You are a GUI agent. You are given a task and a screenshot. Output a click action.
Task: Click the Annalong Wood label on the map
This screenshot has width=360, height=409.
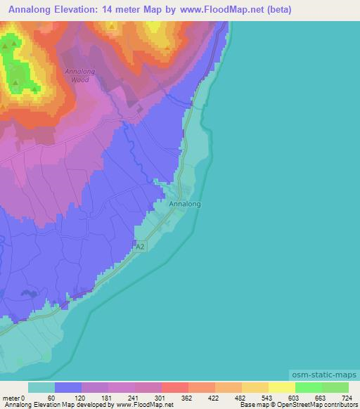[79, 75]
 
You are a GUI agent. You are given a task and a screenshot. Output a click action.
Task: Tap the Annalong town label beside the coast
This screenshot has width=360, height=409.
[185, 204]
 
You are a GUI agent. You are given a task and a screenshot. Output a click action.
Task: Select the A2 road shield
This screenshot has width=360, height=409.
[141, 246]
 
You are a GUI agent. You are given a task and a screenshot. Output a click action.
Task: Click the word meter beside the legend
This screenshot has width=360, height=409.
[13, 397]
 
